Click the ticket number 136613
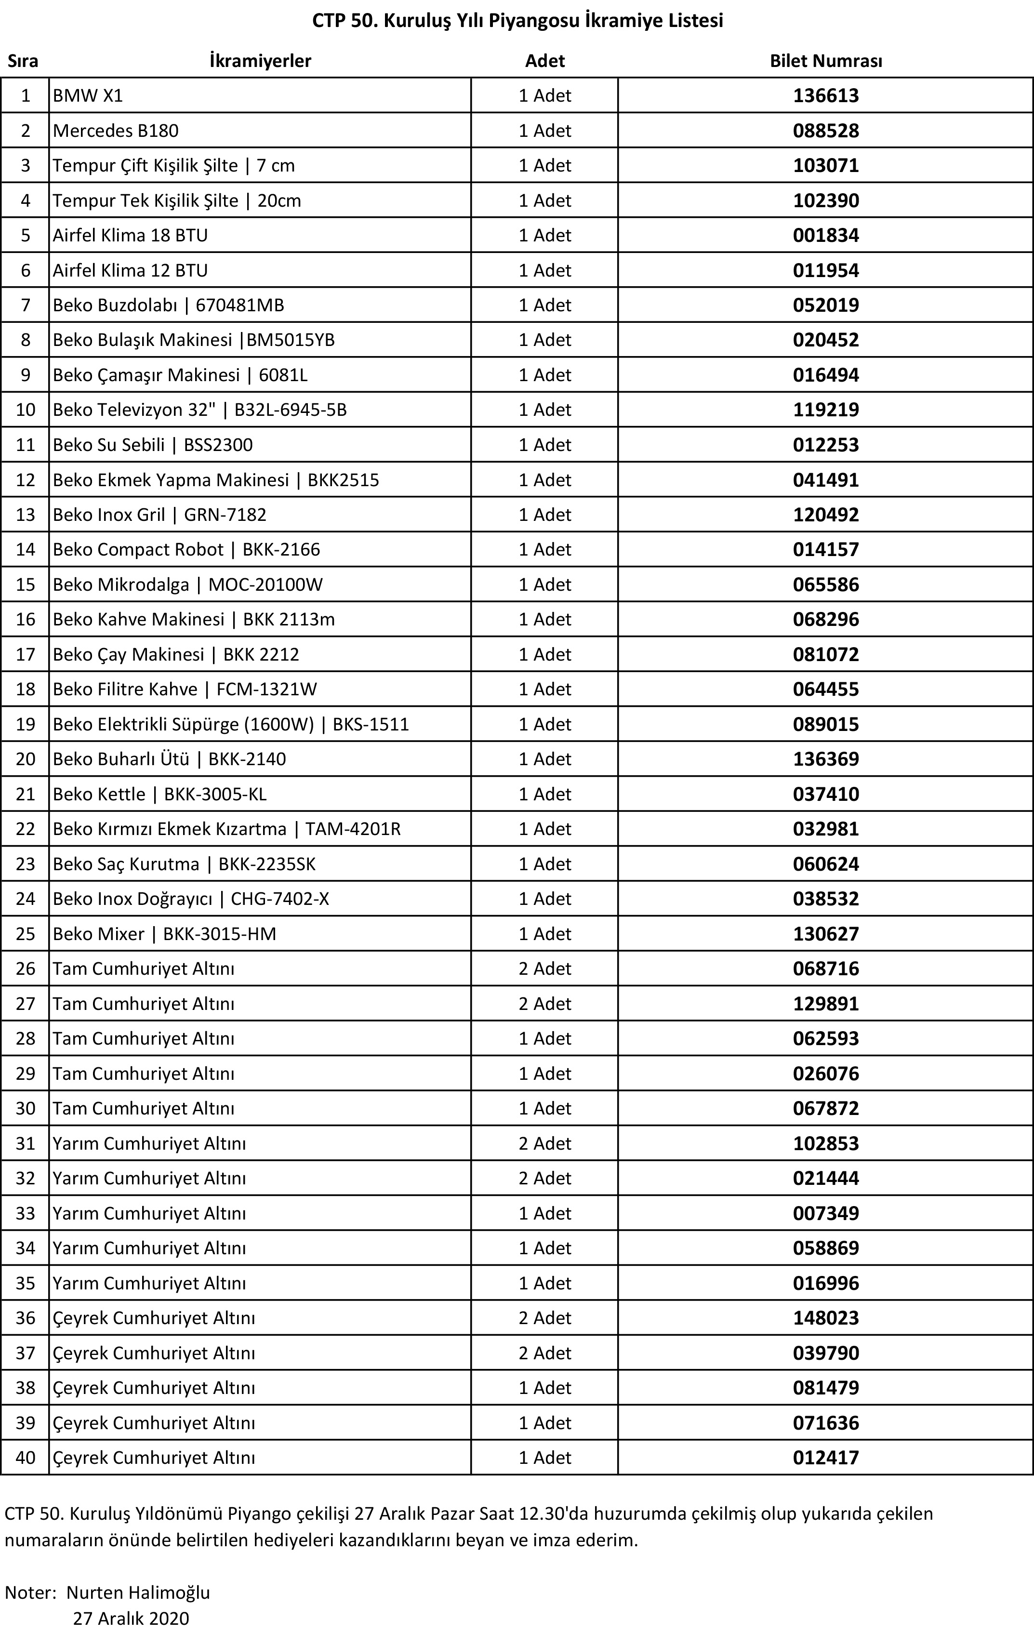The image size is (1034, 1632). [x=825, y=95]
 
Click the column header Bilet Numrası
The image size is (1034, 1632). [x=825, y=61]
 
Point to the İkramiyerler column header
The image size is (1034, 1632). [x=260, y=61]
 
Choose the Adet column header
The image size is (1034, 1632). [x=545, y=61]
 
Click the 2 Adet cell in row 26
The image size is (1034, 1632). [x=545, y=969]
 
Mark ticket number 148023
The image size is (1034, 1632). [x=825, y=1317]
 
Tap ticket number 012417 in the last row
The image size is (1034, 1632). [x=825, y=1457]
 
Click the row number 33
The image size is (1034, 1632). [x=25, y=1213]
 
